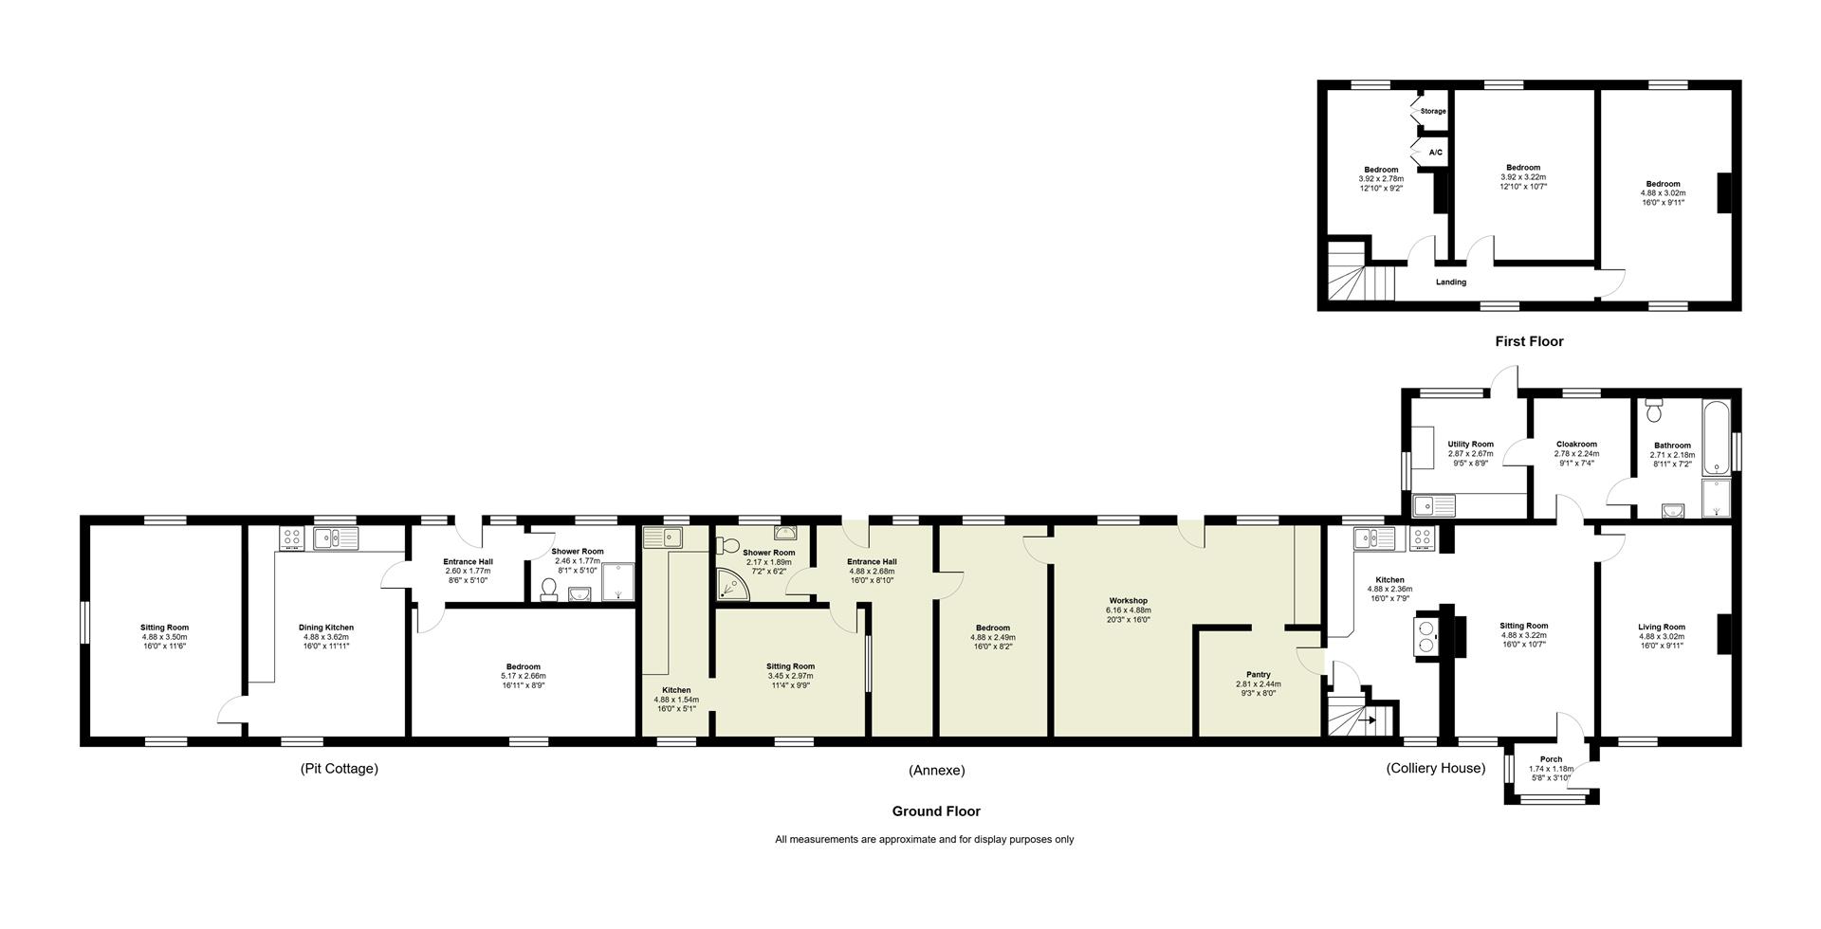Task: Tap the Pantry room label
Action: point(1259,675)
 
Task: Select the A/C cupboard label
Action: point(1435,153)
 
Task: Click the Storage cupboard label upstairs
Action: point(1433,111)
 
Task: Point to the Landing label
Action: point(1451,282)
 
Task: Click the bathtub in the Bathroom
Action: point(1717,437)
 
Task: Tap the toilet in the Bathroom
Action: point(1655,410)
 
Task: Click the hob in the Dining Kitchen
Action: point(292,538)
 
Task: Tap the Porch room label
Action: point(1552,759)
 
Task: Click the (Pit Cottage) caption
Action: point(339,769)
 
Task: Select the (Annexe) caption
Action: point(936,771)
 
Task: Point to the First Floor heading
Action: point(1529,341)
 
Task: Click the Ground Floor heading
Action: point(936,811)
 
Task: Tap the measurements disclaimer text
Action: point(925,840)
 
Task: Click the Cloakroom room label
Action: point(1576,444)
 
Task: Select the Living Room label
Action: point(1662,627)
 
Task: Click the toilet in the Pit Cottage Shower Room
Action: point(549,591)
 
